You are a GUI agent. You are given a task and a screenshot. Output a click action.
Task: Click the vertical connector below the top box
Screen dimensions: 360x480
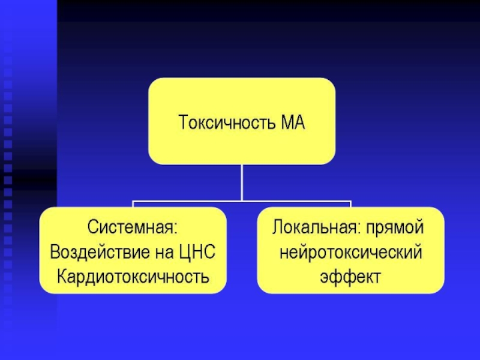pos(241,182)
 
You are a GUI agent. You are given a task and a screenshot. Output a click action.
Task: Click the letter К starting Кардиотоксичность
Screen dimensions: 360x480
pos(62,277)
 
